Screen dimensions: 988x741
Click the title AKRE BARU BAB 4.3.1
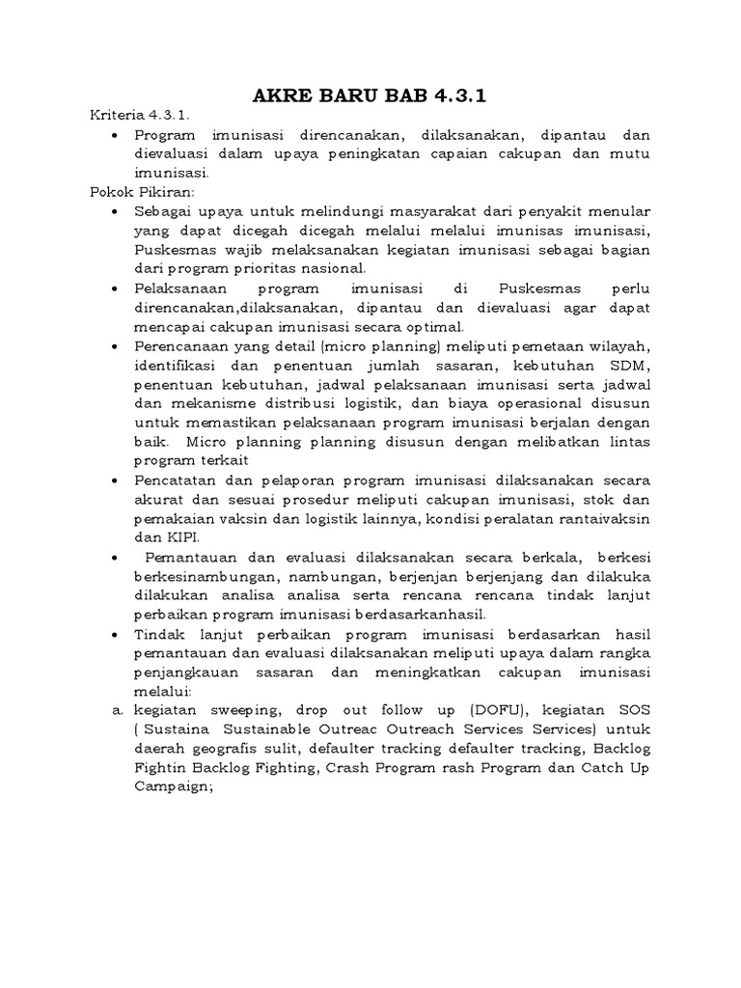[x=370, y=96]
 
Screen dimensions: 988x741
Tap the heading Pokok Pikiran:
[x=136, y=191]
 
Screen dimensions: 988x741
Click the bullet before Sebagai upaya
[x=117, y=210]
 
